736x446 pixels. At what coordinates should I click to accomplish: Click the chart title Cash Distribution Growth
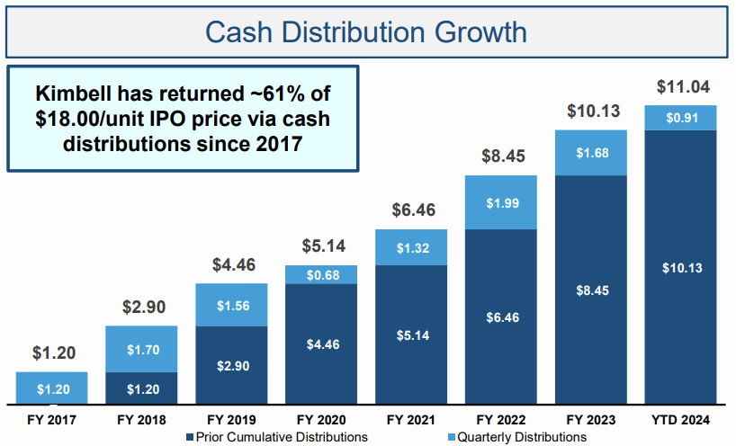[365, 32]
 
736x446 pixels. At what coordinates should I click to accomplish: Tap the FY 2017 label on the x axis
[51, 419]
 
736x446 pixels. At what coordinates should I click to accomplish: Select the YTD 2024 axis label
[681, 419]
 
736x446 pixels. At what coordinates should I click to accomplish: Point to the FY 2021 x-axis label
[411, 419]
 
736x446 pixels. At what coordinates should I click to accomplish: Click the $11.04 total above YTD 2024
[680, 88]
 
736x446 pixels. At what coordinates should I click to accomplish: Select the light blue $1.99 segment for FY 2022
[501, 201]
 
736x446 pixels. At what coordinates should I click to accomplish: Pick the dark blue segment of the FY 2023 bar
[591, 290]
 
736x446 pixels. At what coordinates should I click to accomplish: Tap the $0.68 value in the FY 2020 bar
[321, 274]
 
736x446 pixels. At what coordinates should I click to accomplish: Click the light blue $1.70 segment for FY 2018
[141, 349]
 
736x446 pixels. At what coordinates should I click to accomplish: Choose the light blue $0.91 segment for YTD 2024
[681, 118]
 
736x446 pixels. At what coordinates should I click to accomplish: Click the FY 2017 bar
[51, 388]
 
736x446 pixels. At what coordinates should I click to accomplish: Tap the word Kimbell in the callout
[72, 94]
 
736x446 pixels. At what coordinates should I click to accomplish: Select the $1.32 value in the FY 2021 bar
[411, 247]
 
